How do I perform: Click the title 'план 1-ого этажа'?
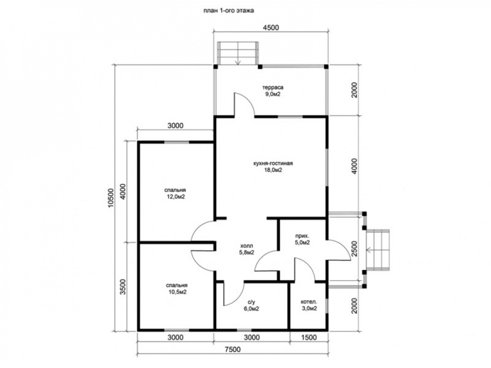(x=229, y=11)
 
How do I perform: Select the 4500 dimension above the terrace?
(x=271, y=27)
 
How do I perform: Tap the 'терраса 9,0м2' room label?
(x=273, y=90)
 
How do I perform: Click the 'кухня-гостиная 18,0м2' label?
(x=273, y=166)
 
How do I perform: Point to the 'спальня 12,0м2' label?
(x=175, y=193)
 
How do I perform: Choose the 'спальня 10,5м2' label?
(x=177, y=289)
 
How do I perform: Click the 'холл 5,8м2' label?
(x=246, y=249)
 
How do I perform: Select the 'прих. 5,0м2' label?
(x=302, y=239)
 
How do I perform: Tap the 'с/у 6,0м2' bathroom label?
(x=251, y=305)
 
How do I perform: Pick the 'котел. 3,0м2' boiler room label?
(x=309, y=305)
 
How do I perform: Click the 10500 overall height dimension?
(x=110, y=198)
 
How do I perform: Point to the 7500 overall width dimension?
(x=233, y=349)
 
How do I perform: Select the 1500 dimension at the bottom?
(x=309, y=338)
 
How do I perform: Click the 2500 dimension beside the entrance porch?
(x=354, y=249)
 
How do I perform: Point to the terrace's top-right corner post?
(x=326, y=66)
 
